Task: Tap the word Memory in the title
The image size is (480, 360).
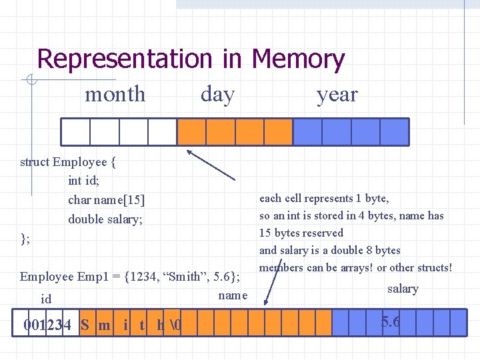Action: tap(298, 59)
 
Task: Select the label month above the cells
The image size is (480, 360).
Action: tap(115, 95)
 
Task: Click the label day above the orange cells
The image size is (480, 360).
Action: tap(217, 95)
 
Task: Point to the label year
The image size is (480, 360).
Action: tap(337, 95)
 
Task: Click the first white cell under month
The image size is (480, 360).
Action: tap(75, 131)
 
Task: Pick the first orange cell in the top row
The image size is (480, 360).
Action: tap(191, 131)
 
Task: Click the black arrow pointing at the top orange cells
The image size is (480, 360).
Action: tap(210, 165)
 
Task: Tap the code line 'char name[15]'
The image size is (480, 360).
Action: tap(106, 199)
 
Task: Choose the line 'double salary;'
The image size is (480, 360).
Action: tap(105, 219)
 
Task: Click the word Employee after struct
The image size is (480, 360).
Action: tap(79, 162)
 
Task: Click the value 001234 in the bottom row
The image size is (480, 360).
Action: tap(47, 325)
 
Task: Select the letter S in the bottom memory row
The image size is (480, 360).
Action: tap(85, 325)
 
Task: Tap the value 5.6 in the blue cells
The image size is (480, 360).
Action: tap(391, 322)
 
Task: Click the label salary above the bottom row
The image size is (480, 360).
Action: tap(403, 289)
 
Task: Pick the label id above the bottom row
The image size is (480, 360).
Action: tap(46, 299)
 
